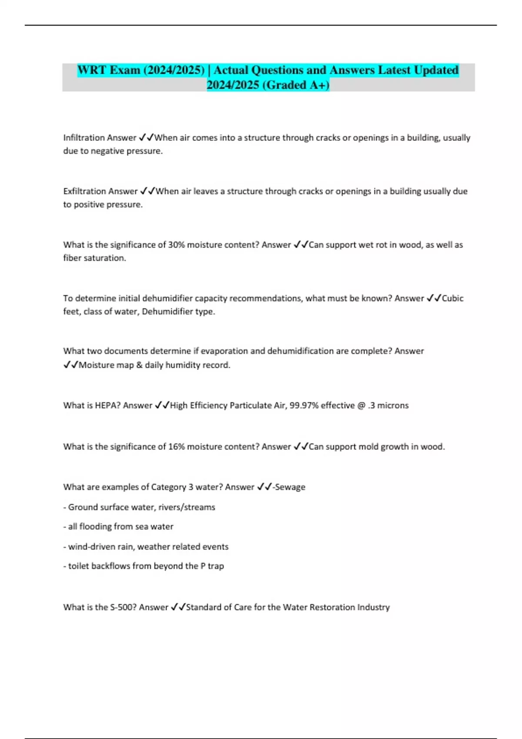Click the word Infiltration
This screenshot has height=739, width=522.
84,138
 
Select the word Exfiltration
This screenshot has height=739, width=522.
84,191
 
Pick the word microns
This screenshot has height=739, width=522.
393,406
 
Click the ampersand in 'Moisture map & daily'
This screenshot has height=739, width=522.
139,365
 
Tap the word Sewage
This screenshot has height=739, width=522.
290,487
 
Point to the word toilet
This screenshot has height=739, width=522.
78,566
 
